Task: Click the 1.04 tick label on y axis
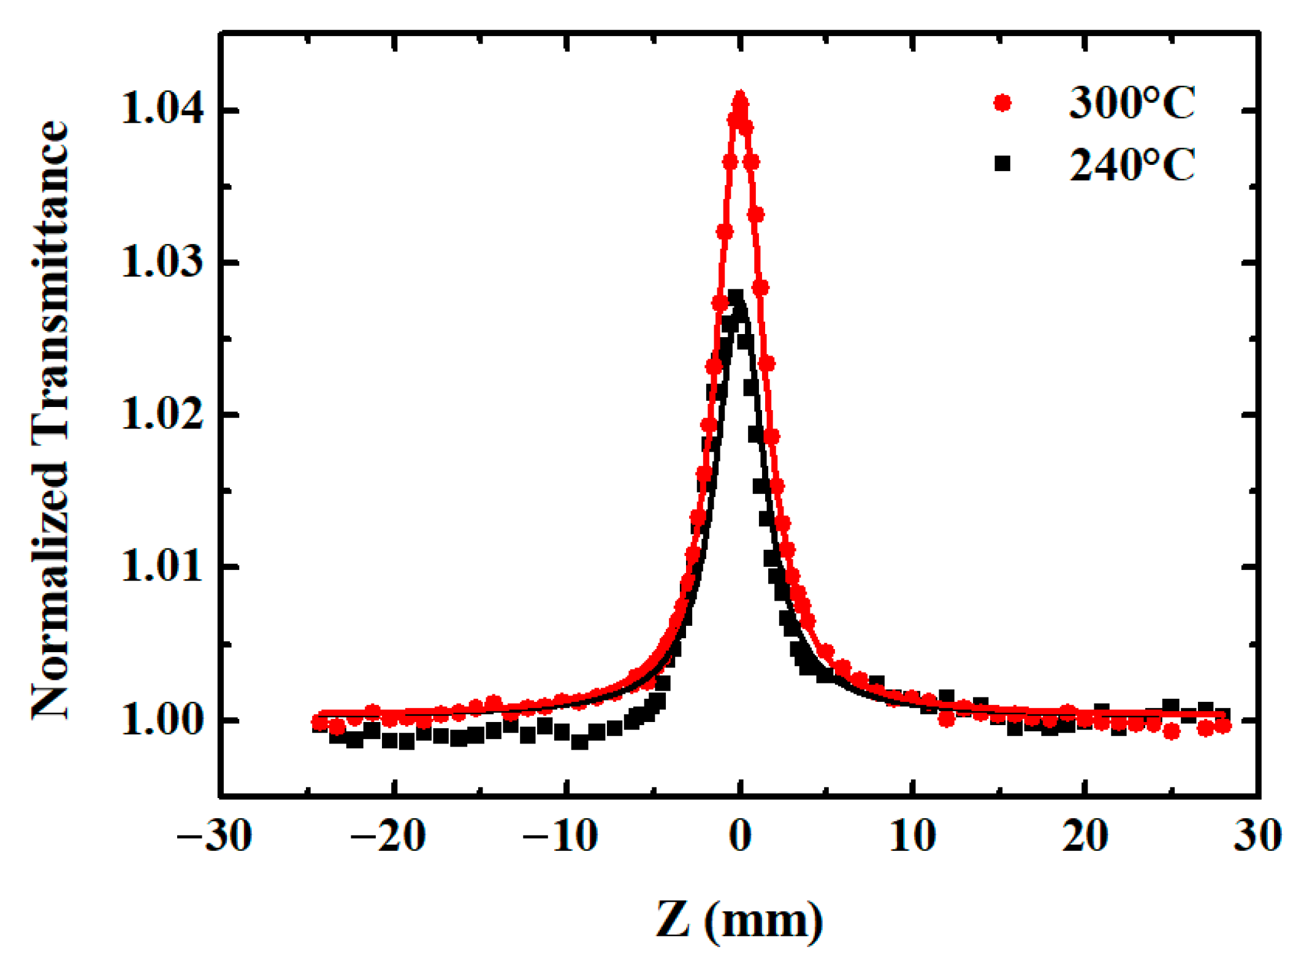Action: [x=162, y=110]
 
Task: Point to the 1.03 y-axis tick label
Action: [x=162, y=262]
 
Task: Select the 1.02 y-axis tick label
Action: [x=162, y=414]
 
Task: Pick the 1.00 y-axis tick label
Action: [x=162, y=720]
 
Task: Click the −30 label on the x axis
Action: [x=214, y=835]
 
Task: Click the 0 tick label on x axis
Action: [x=741, y=835]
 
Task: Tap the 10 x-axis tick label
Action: [x=913, y=835]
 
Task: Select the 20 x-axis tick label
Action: [x=1085, y=835]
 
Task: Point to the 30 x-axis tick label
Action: [x=1257, y=835]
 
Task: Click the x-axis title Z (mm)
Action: [x=739, y=919]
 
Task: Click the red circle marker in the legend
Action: [x=1002, y=103]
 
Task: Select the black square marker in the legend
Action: [x=1002, y=164]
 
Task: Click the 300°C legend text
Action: [x=1132, y=103]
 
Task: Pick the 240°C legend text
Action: [x=1132, y=165]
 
